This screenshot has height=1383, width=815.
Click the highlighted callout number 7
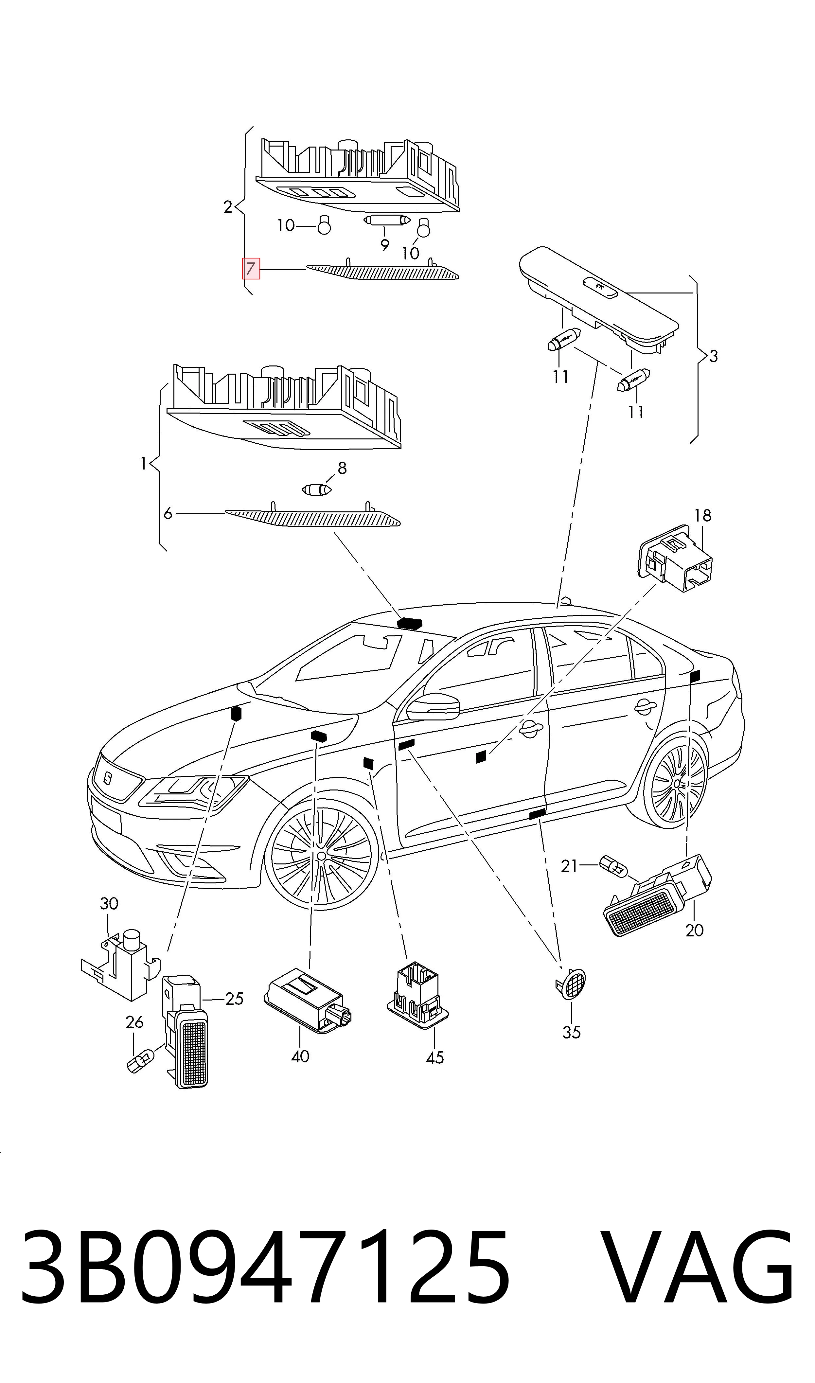point(251,269)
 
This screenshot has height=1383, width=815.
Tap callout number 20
point(695,930)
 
